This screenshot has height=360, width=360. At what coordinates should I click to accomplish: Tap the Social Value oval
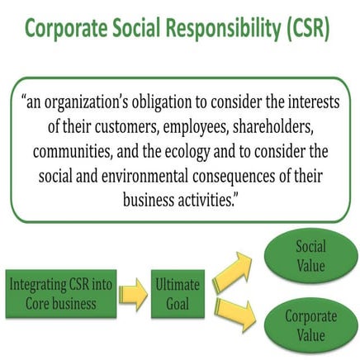point(310,257)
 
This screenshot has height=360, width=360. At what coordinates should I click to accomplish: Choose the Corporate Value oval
point(310,325)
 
